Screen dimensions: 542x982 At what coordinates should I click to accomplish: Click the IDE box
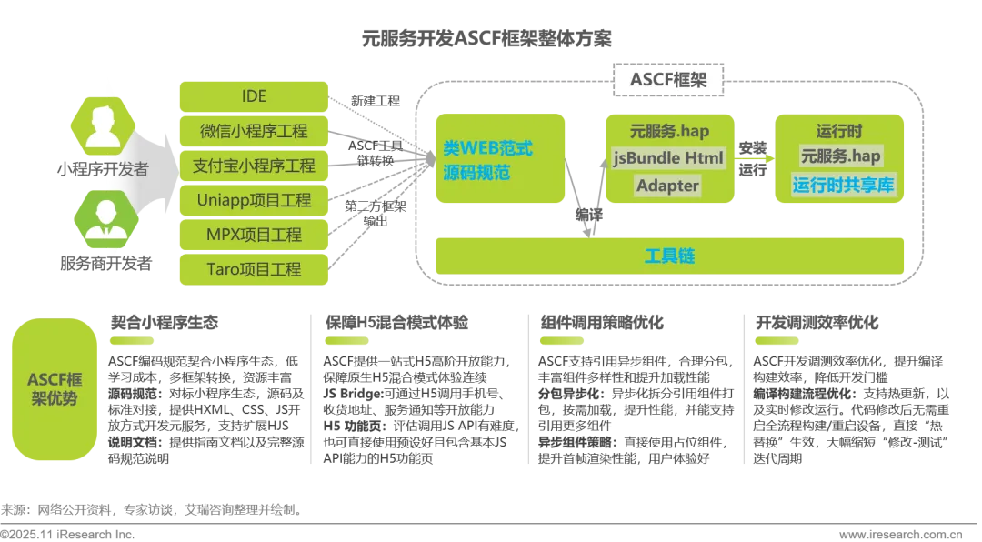[253, 96]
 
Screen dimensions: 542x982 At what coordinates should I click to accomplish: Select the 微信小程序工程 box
[253, 131]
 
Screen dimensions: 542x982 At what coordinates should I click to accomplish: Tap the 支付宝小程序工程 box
[253, 166]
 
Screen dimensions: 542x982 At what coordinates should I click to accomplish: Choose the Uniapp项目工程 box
[253, 200]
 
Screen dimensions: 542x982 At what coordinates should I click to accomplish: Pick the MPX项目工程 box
[253, 235]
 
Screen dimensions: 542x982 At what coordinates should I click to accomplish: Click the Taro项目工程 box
[253, 269]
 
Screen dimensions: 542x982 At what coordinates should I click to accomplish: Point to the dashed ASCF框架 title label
[667, 79]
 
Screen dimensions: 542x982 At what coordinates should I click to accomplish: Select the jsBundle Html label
[667, 158]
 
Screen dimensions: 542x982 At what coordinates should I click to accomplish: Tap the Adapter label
[667, 186]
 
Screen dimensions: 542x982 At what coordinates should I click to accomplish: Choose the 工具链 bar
[669, 256]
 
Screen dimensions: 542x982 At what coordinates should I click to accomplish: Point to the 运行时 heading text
[841, 129]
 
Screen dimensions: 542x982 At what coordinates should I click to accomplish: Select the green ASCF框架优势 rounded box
[52, 389]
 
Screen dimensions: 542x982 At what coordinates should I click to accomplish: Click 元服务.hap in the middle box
[668, 131]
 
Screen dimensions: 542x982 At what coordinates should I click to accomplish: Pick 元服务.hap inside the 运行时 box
[841, 156]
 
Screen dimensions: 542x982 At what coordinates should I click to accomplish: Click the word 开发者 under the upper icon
[128, 170]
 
